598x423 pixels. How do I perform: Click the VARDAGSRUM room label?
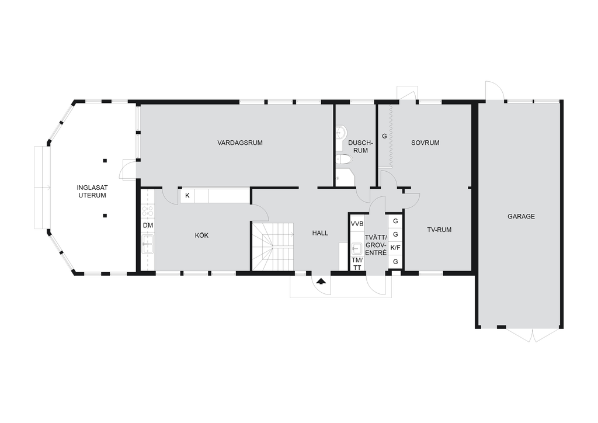[x=240, y=143]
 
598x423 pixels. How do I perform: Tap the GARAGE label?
[x=521, y=217]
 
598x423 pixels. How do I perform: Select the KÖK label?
[x=201, y=235]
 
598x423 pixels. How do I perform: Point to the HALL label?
[x=320, y=233]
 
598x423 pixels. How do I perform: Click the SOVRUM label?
[x=425, y=143]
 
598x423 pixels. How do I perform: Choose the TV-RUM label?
[x=439, y=230]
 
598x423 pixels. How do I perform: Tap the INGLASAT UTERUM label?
[x=92, y=192]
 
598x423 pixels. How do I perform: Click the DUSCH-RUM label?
[x=360, y=147]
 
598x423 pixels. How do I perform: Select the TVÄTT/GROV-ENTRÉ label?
[x=376, y=245]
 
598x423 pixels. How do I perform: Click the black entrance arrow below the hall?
[x=322, y=282]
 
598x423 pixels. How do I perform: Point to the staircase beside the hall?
[x=273, y=247]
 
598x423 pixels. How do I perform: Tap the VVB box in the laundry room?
[x=357, y=224]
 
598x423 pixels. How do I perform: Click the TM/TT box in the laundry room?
[x=357, y=263]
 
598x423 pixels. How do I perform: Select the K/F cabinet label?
[x=395, y=248]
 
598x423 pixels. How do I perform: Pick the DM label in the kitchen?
[x=148, y=226]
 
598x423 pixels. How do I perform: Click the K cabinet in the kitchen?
[x=187, y=196]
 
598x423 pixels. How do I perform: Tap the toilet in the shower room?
[x=345, y=160]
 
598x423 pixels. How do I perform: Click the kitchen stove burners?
[x=148, y=211]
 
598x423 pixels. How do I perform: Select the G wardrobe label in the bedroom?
[x=384, y=136]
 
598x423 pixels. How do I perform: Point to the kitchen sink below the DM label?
[x=148, y=244]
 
